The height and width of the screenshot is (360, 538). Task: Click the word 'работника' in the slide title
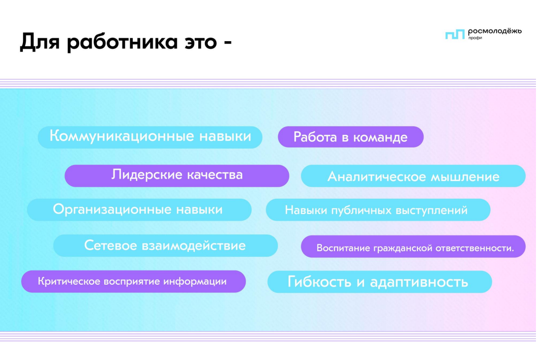124,42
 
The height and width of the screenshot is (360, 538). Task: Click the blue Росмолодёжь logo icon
455,34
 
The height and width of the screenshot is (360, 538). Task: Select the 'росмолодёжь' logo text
495,32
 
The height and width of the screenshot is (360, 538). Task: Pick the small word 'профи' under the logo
475,38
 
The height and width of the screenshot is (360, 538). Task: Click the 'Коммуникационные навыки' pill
150,137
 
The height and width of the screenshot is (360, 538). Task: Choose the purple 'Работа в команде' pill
351,137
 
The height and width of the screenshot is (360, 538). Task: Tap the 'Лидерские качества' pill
176,176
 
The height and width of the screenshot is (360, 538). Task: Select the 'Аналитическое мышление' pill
413,176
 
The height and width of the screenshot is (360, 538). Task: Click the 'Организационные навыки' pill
139,209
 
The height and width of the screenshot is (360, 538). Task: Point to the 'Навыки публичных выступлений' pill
378,209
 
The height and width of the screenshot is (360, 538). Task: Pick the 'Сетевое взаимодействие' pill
165,246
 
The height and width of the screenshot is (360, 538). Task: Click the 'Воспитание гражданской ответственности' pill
413,247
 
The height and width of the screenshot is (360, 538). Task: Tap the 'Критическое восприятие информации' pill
133,281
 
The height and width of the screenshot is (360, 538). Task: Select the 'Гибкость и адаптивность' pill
379,282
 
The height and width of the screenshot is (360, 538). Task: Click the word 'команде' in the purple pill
380,138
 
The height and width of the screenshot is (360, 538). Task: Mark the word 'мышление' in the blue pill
465,177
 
